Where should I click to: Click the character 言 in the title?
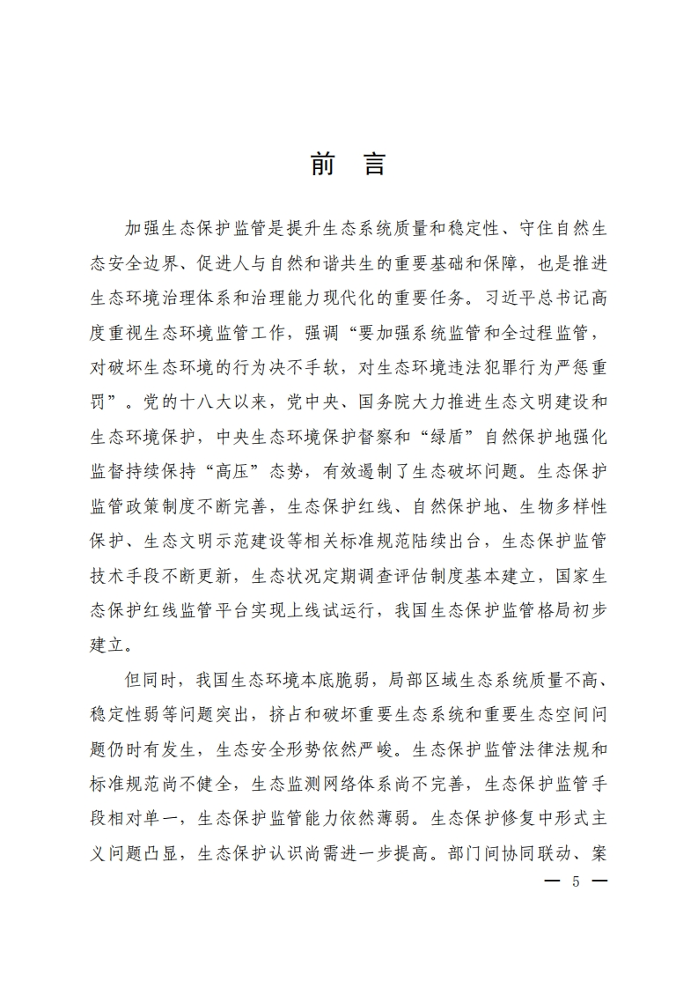click(374, 165)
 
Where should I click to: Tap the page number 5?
click(577, 882)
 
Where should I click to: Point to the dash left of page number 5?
click(553, 882)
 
